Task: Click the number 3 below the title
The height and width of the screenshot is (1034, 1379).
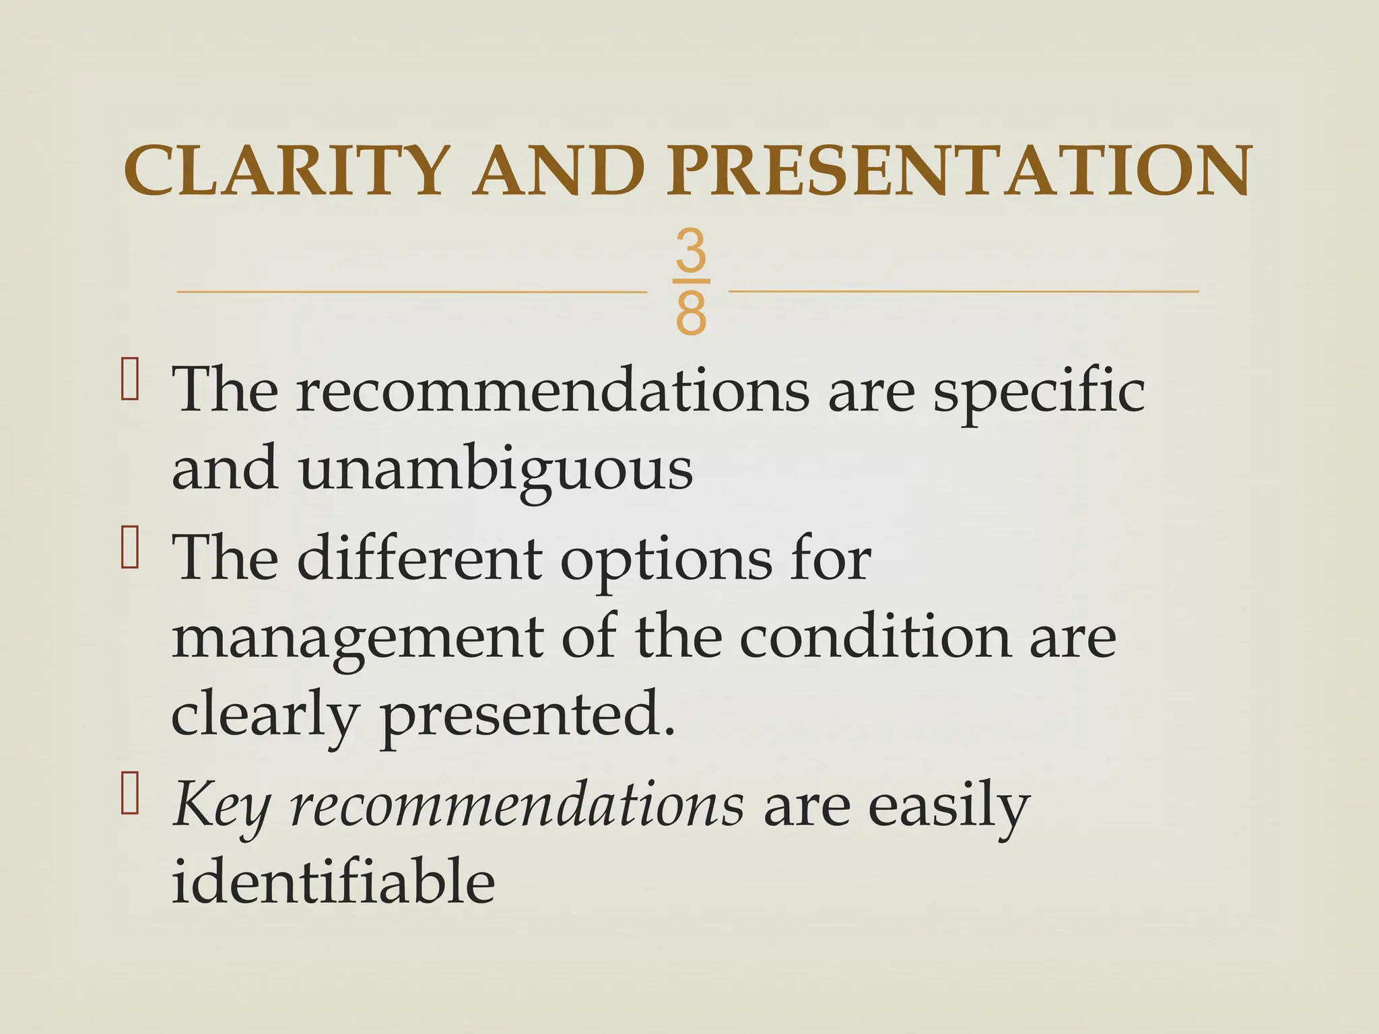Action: (691, 250)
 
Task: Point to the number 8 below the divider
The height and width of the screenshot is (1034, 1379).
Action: (691, 314)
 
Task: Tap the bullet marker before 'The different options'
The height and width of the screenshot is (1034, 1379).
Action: (130, 549)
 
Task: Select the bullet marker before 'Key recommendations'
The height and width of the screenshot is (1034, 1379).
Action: (130, 796)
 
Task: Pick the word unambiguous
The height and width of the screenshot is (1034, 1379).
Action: (496, 470)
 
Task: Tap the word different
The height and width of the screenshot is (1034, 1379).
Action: (419, 560)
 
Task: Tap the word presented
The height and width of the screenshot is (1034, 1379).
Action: (527, 716)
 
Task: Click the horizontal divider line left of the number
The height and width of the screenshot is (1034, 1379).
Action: (411, 291)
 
